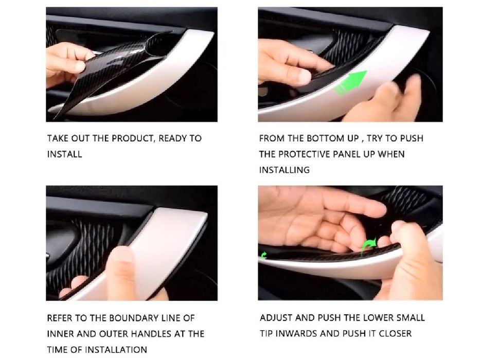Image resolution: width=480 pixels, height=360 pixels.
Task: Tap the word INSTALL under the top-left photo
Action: [x=65, y=154]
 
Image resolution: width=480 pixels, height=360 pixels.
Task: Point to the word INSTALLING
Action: [x=285, y=170]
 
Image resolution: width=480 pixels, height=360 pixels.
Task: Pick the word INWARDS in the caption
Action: [x=297, y=333]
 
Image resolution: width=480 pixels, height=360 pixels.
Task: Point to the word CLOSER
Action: [x=395, y=333]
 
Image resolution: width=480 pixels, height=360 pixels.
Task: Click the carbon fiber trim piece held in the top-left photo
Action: [x=113, y=70]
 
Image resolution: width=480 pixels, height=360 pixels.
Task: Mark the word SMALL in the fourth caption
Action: [x=411, y=318]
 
